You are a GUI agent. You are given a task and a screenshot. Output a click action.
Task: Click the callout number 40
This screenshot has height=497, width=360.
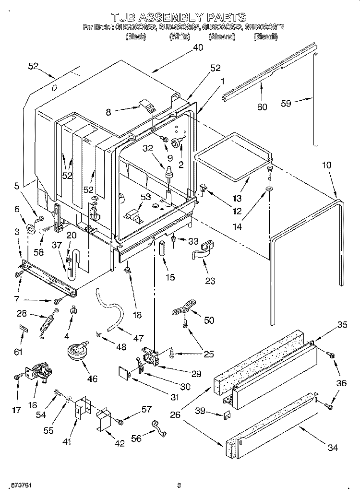click(x=197, y=47)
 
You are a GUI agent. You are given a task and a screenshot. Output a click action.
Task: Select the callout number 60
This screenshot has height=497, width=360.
click(x=262, y=107)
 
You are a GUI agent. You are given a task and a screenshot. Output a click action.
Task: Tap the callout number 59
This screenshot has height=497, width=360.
click(x=286, y=103)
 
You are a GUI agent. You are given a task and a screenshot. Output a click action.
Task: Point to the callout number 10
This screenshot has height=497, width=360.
click(x=327, y=165)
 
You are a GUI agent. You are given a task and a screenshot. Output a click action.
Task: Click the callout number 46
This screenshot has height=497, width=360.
click(x=92, y=379)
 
